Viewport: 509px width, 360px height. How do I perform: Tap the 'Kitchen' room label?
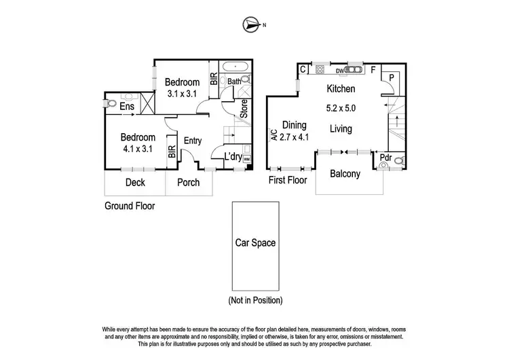pyautogui.click(x=341, y=89)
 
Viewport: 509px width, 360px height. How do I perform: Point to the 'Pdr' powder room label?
pyautogui.click(x=385, y=159)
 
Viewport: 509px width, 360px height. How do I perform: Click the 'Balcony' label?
pyautogui.click(x=345, y=174)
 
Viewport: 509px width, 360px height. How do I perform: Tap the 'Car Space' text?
pyautogui.click(x=254, y=242)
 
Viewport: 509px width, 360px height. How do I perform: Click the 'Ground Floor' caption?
pyautogui.click(x=130, y=205)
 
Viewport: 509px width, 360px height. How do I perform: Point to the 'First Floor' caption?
pyautogui.click(x=288, y=181)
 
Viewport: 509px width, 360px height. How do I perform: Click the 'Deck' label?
pyautogui.click(x=135, y=182)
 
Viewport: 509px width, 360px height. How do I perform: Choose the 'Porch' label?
pyautogui.click(x=188, y=182)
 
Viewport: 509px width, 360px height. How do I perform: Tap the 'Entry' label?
pyautogui.click(x=192, y=141)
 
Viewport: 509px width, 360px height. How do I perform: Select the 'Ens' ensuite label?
pyautogui.click(x=127, y=107)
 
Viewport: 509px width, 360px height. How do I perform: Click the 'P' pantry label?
pyautogui.click(x=392, y=77)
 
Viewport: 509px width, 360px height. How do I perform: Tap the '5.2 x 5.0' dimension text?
pyautogui.click(x=341, y=107)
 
